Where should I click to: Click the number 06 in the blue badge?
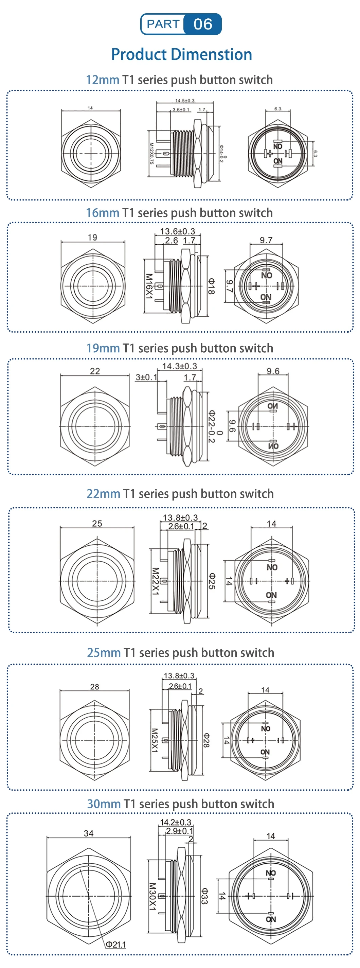(x=203, y=24)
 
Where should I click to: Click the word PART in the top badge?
(x=163, y=24)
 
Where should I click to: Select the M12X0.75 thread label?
(x=151, y=153)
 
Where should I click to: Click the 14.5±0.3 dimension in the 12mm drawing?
(x=184, y=100)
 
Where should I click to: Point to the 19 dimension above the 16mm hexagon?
(x=92, y=237)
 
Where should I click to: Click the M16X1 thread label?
(x=149, y=286)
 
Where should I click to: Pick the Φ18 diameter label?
(x=212, y=286)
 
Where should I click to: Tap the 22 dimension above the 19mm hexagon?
(x=95, y=371)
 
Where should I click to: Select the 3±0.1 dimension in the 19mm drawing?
(x=146, y=377)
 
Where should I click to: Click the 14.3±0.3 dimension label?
(x=179, y=366)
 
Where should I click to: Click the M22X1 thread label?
(x=155, y=581)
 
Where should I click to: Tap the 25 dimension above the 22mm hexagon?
(x=97, y=524)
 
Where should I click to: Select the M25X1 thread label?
(x=155, y=740)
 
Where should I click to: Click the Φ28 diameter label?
(x=206, y=740)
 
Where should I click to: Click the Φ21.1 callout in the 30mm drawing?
(x=116, y=944)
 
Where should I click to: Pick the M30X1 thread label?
(x=152, y=896)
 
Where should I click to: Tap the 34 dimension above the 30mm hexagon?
(x=89, y=833)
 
